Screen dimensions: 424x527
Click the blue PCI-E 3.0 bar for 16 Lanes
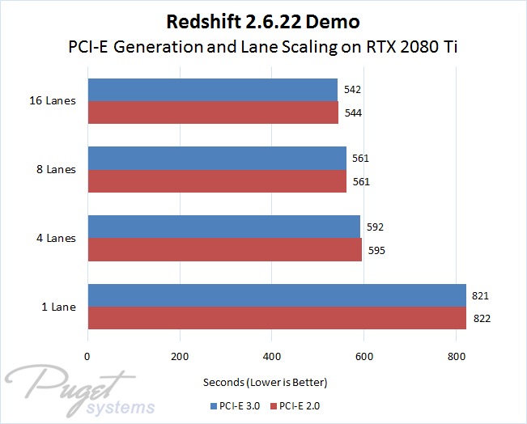212,89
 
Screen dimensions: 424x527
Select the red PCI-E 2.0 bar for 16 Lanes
213,112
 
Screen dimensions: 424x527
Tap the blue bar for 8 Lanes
217,158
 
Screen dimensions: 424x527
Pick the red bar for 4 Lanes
224,250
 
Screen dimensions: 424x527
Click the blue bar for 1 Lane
277,295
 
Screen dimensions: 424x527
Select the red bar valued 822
277,319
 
